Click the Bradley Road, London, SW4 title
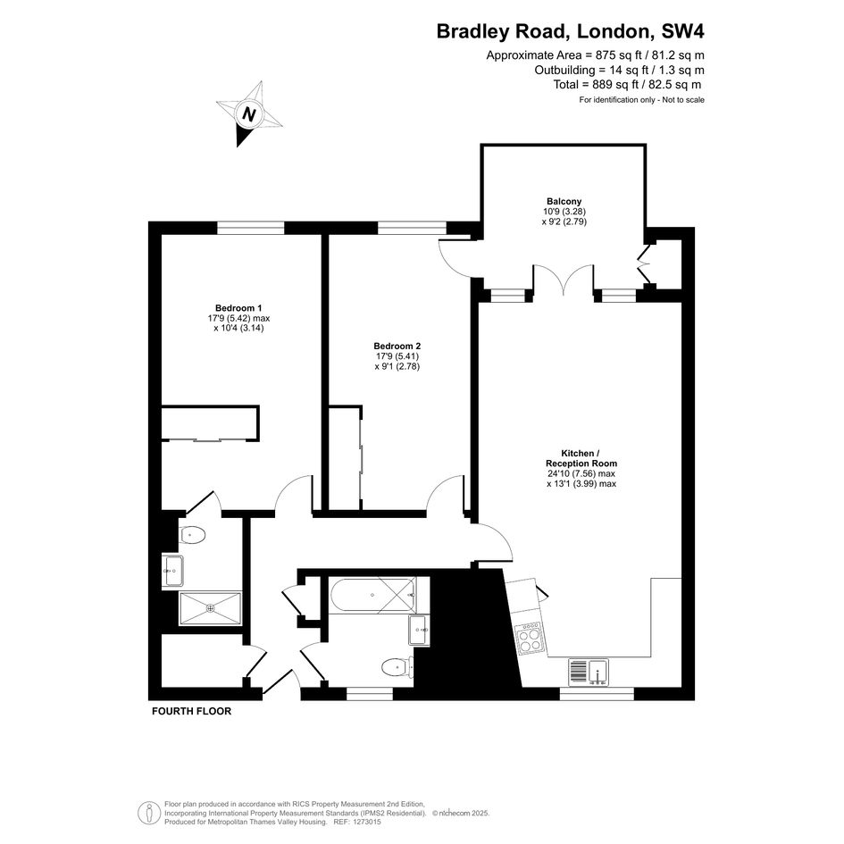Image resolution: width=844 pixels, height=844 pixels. pyautogui.click(x=570, y=31)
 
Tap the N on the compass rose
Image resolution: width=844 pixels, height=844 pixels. pyautogui.click(x=248, y=114)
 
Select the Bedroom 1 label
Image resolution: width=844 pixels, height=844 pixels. pyautogui.click(x=238, y=308)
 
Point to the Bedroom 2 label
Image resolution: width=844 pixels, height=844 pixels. pyautogui.click(x=397, y=347)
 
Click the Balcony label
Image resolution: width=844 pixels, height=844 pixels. pyautogui.click(x=564, y=201)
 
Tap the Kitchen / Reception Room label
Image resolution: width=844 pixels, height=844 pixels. pyautogui.click(x=581, y=458)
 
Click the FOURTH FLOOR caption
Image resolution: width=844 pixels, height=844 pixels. pyautogui.click(x=192, y=711)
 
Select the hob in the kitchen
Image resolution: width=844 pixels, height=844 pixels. pyautogui.click(x=529, y=639)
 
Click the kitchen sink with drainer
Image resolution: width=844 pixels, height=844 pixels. pyautogui.click(x=589, y=673)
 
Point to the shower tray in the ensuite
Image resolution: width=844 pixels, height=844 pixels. pyautogui.click(x=211, y=608)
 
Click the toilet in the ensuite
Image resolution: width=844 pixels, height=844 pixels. pyautogui.click(x=192, y=535)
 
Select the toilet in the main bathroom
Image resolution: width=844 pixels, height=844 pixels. pyautogui.click(x=397, y=668)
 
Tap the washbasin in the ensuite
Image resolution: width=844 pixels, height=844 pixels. pyautogui.click(x=173, y=571)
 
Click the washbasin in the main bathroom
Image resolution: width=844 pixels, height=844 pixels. pyautogui.click(x=419, y=630)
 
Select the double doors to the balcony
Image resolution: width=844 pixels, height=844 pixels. pyautogui.click(x=564, y=280)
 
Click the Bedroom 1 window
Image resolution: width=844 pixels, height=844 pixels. pyautogui.click(x=250, y=229)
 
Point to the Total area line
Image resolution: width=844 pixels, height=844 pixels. pyautogui.click(x=627, y=85)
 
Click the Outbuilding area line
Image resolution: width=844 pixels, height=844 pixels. pyautogui.click(x=619, y=70)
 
